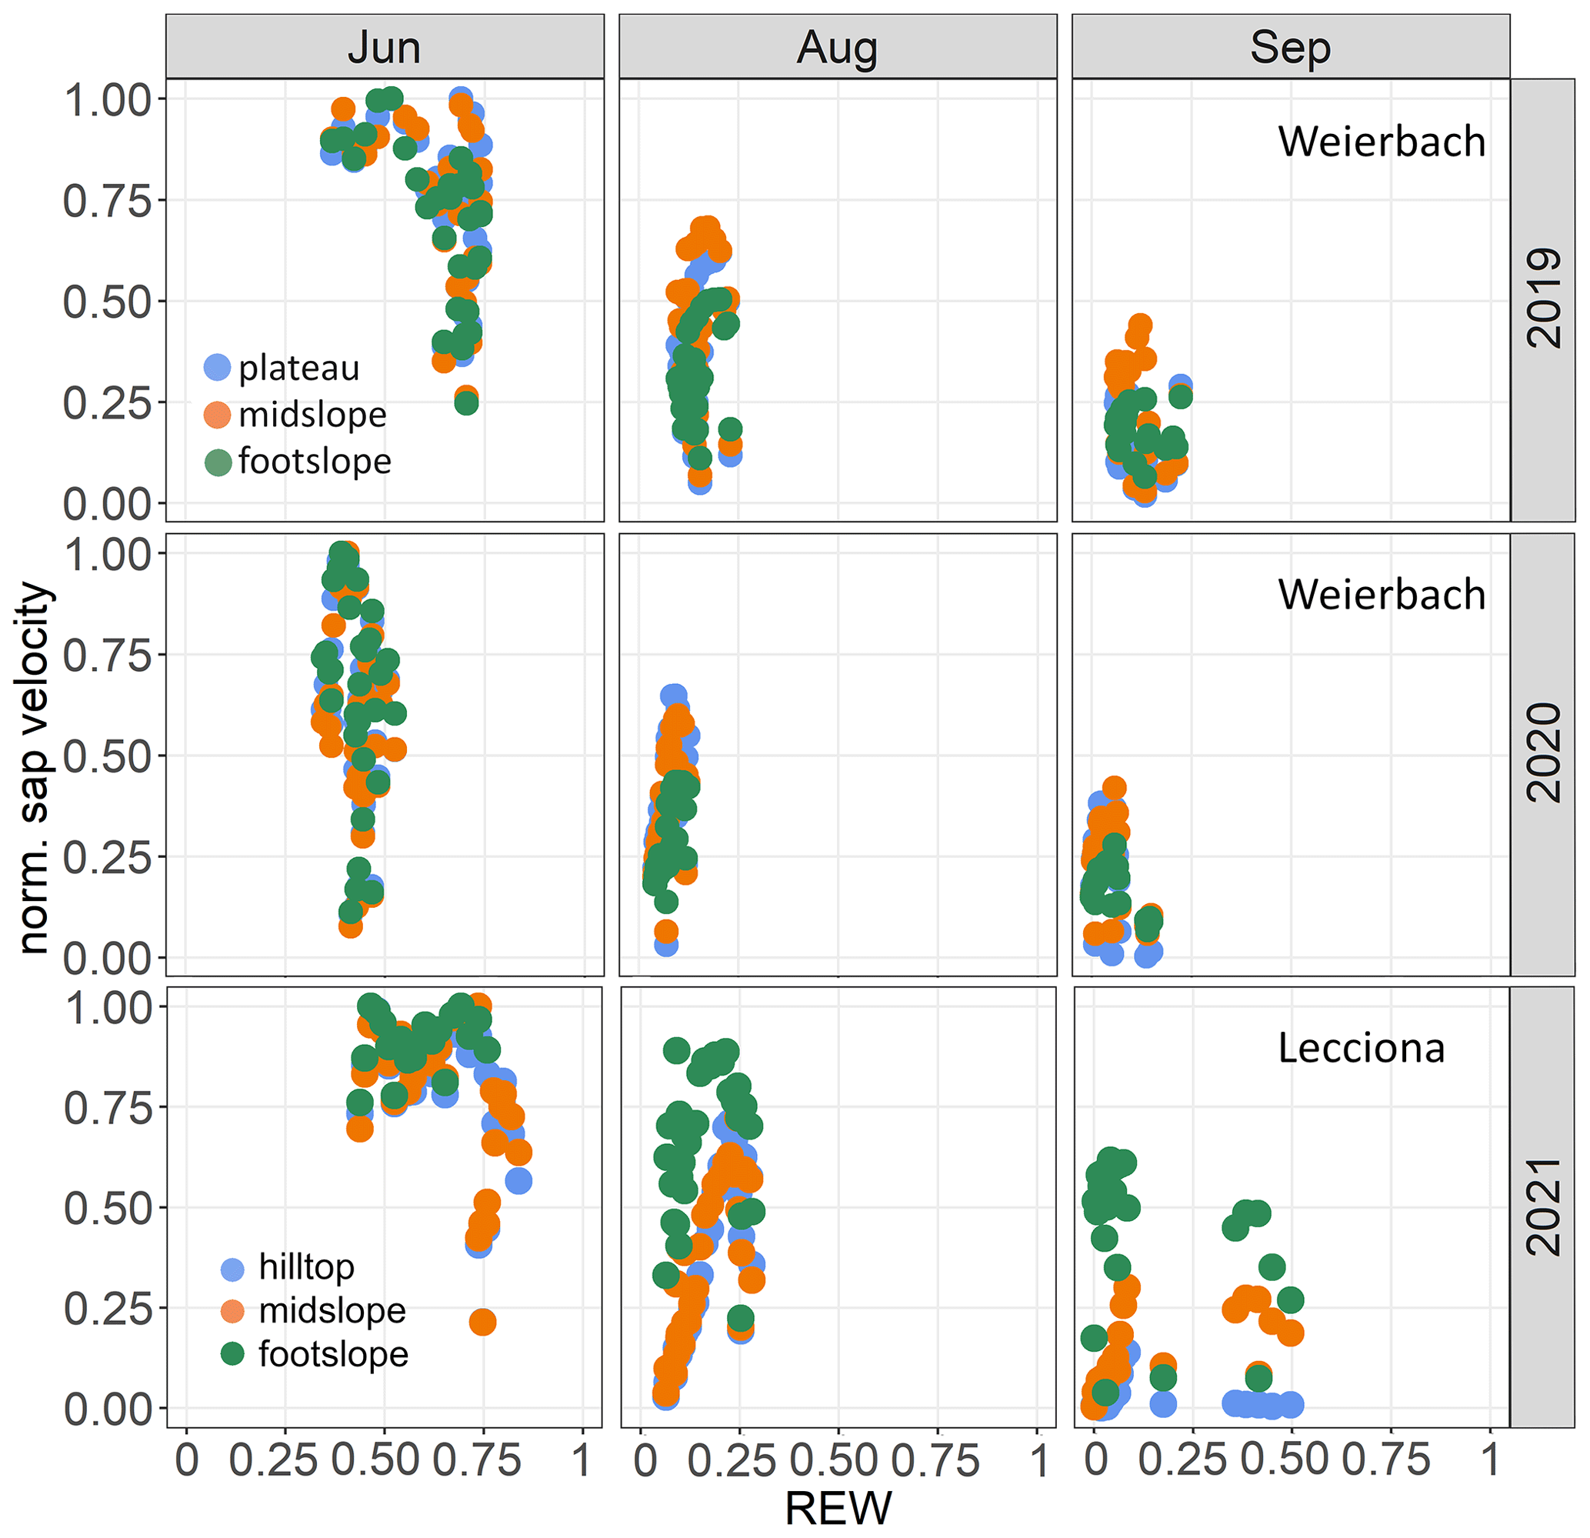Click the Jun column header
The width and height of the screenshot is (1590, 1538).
384,47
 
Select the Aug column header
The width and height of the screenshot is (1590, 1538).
837,47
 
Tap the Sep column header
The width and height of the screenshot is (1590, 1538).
1290,47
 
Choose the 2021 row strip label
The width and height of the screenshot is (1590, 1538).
1543,1206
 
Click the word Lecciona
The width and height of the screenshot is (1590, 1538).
1362,1048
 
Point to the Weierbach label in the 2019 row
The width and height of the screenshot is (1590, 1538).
1382,142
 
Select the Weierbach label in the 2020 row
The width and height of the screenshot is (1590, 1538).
1382,595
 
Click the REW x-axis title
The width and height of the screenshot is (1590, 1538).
837,1508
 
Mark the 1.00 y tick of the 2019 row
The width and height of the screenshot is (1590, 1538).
107,101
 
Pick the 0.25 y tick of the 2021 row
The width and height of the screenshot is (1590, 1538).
107,1309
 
